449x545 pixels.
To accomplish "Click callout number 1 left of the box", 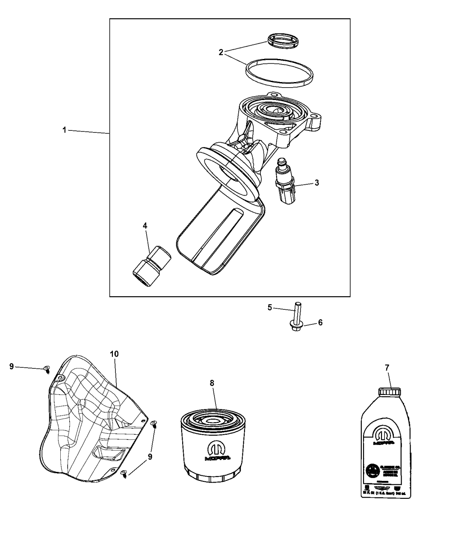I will click(64, 130).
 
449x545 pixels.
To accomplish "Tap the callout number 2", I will click(221, 52).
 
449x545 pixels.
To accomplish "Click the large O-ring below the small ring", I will click(278, 73).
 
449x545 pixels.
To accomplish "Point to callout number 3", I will click(316, 183).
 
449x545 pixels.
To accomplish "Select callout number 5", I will click(270, 307).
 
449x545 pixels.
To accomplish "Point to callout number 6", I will click(320, 322).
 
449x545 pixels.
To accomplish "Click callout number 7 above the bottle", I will click(387, 368).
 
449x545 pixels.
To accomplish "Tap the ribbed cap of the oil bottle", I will click(390, 392).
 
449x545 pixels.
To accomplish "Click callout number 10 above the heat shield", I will click(114, 354).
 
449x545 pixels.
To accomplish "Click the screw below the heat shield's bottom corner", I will click(124, 473).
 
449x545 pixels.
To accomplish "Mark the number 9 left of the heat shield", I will click(12, 366).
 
